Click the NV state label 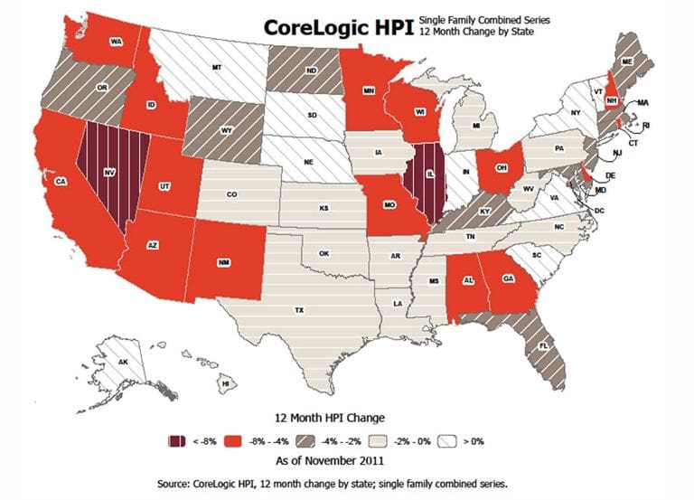tap(108, 172)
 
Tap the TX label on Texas tap(298, 310)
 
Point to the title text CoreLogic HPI tap(330, 27)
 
